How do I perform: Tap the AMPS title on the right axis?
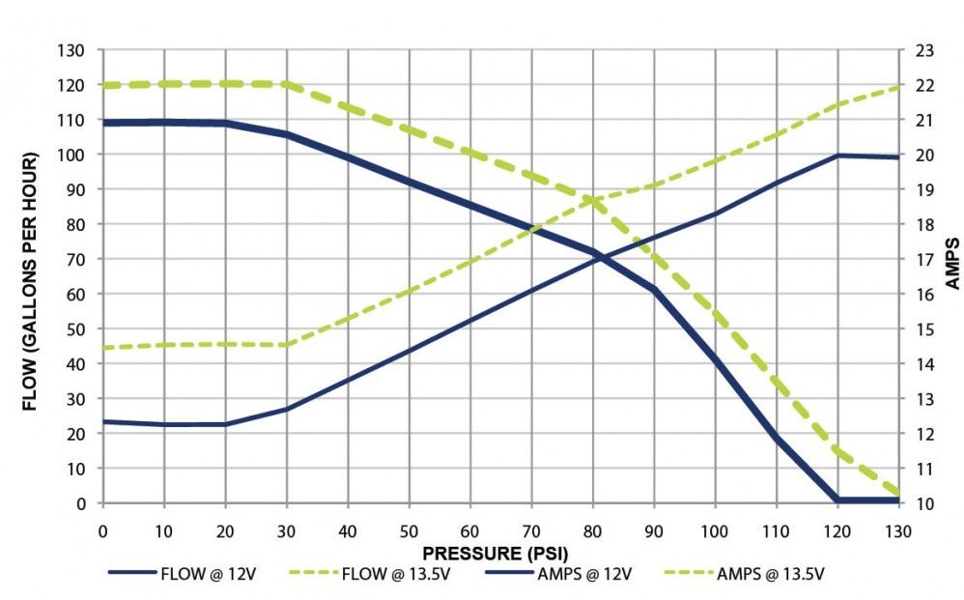[950, 264]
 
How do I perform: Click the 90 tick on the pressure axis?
[654, 529]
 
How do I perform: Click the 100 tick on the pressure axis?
[715, 529]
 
